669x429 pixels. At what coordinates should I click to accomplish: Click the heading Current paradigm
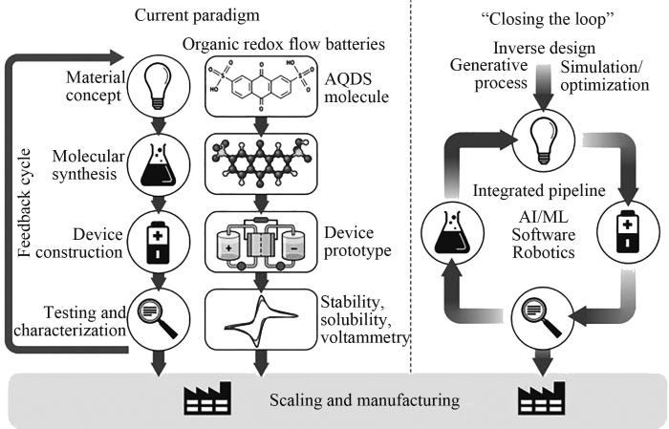[x=186, y=15]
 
